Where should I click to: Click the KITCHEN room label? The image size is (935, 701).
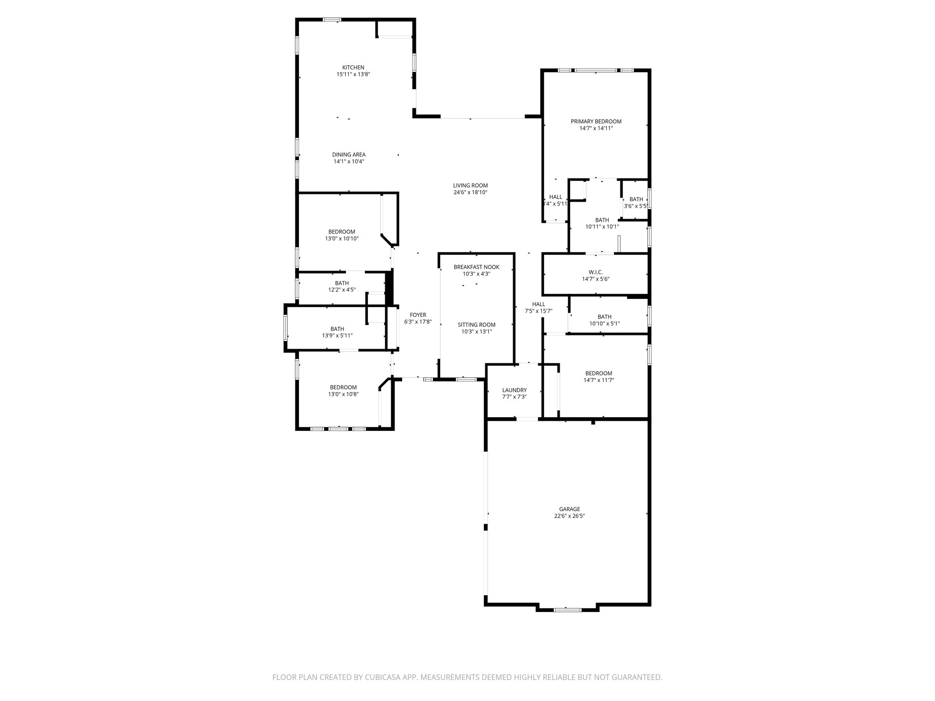click(x=353, y=68)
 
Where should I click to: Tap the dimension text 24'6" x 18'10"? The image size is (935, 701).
click(x=470, y=193)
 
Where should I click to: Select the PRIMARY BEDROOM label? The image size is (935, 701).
click(x=596, y=121)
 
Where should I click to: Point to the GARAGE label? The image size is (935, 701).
click(x=569, y=509)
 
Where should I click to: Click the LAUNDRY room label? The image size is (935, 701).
click(x=514, y=390)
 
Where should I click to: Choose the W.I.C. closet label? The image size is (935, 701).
click(x=595, y=272)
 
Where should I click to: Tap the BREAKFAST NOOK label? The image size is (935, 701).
click(x=476, y=267)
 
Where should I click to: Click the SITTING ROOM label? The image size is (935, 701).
click(x=476, y=325)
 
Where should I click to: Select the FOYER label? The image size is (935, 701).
click(x=418, y=315)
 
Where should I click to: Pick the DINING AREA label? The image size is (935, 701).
click(x=349, y=155)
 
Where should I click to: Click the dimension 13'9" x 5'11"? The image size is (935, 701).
click(x=337, y=335)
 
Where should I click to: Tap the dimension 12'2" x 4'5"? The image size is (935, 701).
click(x=341, y=290)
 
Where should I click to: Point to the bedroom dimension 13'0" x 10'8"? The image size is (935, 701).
click(x=343, y=394)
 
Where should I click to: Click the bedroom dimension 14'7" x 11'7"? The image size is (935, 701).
click(x=599, y=380)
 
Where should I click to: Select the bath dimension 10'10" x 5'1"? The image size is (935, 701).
click(x=604, y=324)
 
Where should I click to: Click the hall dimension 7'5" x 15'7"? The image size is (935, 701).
click(x=539, y=311)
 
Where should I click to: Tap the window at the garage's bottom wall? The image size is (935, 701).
click(x=567, y=609)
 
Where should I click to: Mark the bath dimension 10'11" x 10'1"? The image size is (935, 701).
click(x=602, y=226)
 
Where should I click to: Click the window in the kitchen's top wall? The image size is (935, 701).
click(x=332, y=20)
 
